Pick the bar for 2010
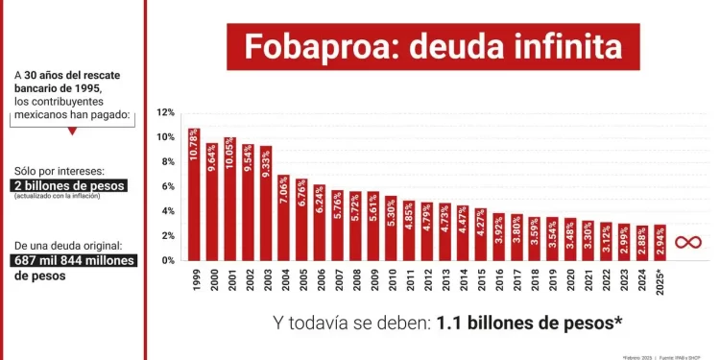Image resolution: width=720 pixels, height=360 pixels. (x=391, y=228)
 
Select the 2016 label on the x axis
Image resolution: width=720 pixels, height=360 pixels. (x=498, y=279)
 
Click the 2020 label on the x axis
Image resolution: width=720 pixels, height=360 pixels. (x=570, y=279)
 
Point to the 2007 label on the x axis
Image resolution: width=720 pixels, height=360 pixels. (x=337, y=279)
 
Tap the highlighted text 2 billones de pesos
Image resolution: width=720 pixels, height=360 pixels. (x=68, y=185)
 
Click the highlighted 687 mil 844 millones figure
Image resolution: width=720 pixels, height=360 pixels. (x=74, y=260)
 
